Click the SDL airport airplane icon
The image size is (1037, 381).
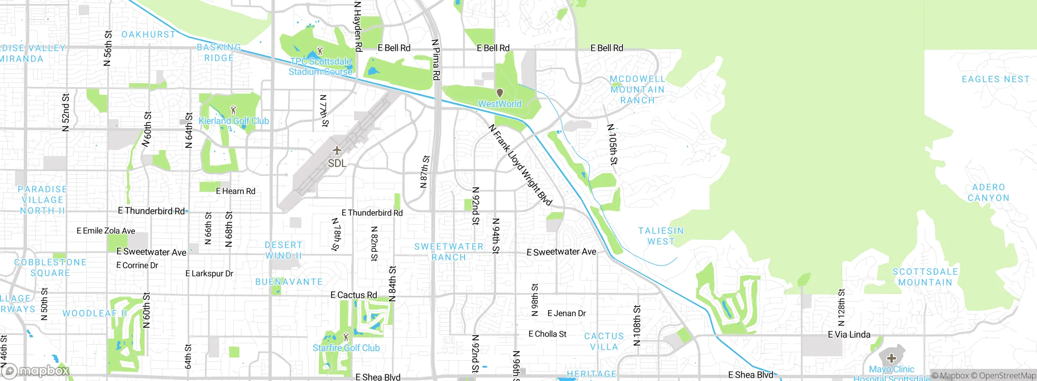pyautogui.click(x=337, y=151)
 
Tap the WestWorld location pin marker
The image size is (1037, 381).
pyautogui.click(x=500, y=93)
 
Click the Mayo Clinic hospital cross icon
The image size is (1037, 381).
pyautogui.click(x=891, y=358)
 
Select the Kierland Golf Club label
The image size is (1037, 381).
pyautogui.click(x=234, y=121)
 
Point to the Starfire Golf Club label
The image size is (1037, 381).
pyautogui.click(x=346, y=348)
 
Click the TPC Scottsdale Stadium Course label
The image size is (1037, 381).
pyautogui.click(x=320, y=66)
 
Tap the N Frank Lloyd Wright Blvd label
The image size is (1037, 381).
pyautogui.click(x=520, y=165)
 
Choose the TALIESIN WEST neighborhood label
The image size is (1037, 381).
pyautogui.click(x=661, y=236)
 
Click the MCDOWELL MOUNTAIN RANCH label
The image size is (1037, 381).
pyautogui.click(x=638, y=90)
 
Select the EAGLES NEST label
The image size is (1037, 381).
pyautogui.click(x=996, y=79)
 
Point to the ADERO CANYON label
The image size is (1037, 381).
pyautogui.click(x=988, y=193)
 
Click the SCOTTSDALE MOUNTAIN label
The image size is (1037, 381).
pyautogui.click(x=925, y=277)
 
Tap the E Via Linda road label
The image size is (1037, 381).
pyautogui.click(x=849, y=334)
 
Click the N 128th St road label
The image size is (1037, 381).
pyautogui.click(x=841, y=307)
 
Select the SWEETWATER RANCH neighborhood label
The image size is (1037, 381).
pyautogui.click(x=449, y=252)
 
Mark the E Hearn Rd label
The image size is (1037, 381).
pyautogui.click(x=235, y=191)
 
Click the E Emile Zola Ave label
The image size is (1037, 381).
pyautogui.click(x=106, y=231)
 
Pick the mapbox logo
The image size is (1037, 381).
pyautogui.click(x=36, y=370)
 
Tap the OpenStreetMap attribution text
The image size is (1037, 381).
pyautogui.click(x=1007, y=376)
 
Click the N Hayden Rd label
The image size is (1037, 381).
pyautogui.click(x=358, y=26)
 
